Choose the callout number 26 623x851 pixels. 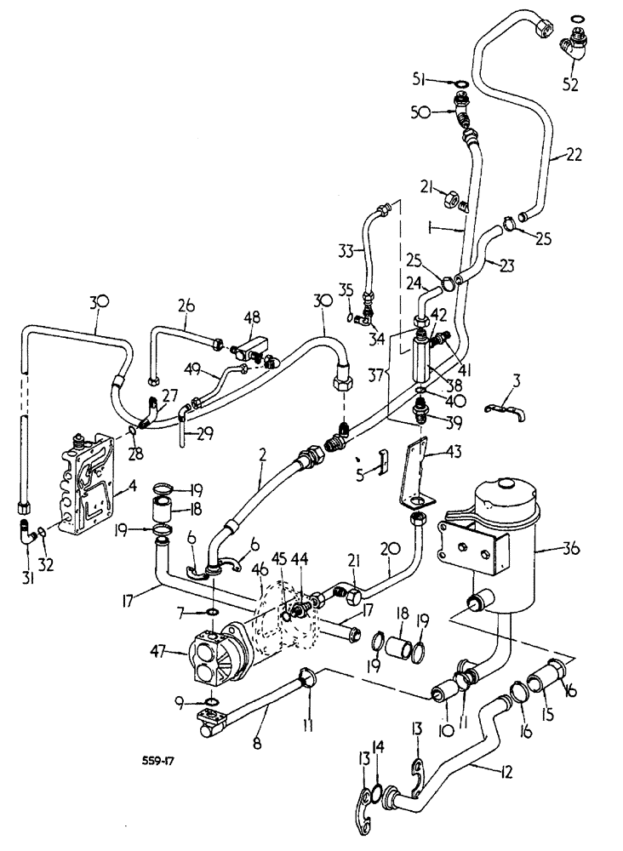click(x=186, y=306)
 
